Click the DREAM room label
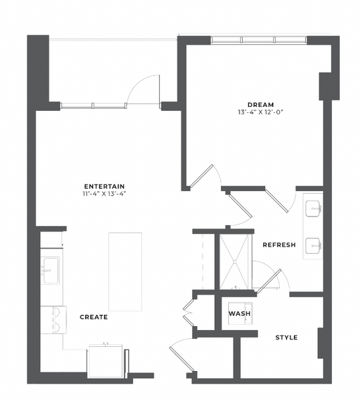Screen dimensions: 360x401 (x=261, y=105)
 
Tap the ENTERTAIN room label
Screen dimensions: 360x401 (x=104, y=186)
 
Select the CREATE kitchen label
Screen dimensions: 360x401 (x=94, y=317)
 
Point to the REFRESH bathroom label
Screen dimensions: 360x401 (x=279, y=245)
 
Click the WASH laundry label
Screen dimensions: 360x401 (x=240, y=313)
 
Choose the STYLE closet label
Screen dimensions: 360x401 (x=286, y=338)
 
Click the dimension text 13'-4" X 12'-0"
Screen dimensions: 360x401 (x=261, y=112)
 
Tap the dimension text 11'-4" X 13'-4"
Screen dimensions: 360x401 (x=104, y=194)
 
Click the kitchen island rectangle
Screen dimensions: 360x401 (x=125, y=271)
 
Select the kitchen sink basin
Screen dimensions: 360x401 (x=51, y=270)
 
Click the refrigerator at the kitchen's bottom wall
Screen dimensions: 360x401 (x=105, y=361)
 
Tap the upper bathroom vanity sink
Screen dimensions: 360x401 (x=313, y=209)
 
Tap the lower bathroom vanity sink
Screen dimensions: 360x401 (x=313, y=245)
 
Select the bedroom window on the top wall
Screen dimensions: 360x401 (x=258, y=40)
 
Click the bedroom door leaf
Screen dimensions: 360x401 (x=201, y=175)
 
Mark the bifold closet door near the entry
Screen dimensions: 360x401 (x=188, y=313)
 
